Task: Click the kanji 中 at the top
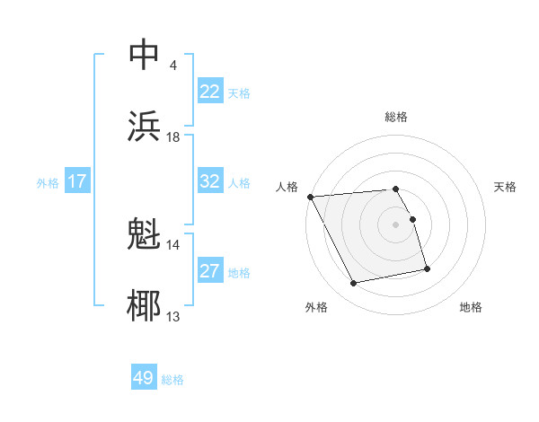[x=146, y=54]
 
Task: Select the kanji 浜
[x=146, y=126]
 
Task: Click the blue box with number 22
[x=210, y=92]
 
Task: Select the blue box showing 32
[x=210, y=181]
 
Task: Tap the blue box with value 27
[x=210, y=271]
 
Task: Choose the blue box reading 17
[x=77, y=181]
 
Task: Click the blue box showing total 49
[x=144, y=378]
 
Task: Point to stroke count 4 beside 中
[x=172, y=65]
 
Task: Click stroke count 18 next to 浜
[x=173, y=136]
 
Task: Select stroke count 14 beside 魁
[x=173, y=244]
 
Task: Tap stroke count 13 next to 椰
[x=173, y=316]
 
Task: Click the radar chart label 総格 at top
[x=396, y=117]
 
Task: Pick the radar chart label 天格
[x=506, y=187]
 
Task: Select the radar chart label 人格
[x=287, y=187]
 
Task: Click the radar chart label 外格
[x=316, y=307]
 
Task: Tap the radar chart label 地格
[x=471, y=307]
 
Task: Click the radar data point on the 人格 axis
[x=310, y=197]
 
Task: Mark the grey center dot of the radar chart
[x=396, y=224]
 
